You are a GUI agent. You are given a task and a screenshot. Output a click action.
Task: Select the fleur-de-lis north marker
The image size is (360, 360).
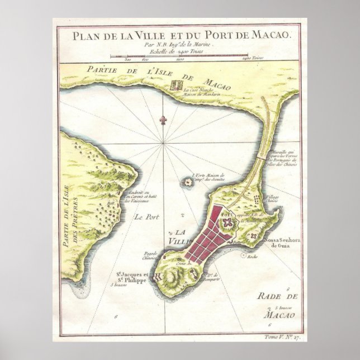[x=163, y=120]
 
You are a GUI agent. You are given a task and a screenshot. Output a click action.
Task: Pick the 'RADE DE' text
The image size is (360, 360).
[x=281, y=297]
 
